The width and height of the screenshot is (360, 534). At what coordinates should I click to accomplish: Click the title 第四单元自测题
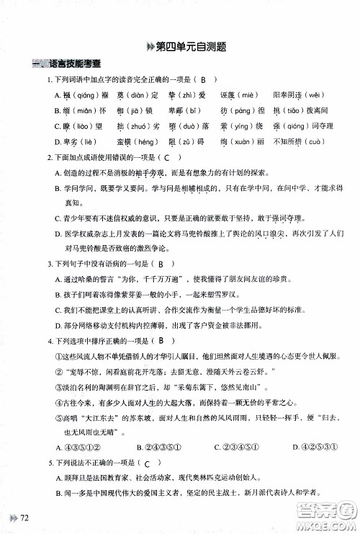[186, 47]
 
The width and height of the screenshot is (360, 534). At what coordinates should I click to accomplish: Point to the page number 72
[26, 517]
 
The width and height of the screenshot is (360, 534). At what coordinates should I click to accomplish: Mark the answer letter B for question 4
[163, 341]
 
